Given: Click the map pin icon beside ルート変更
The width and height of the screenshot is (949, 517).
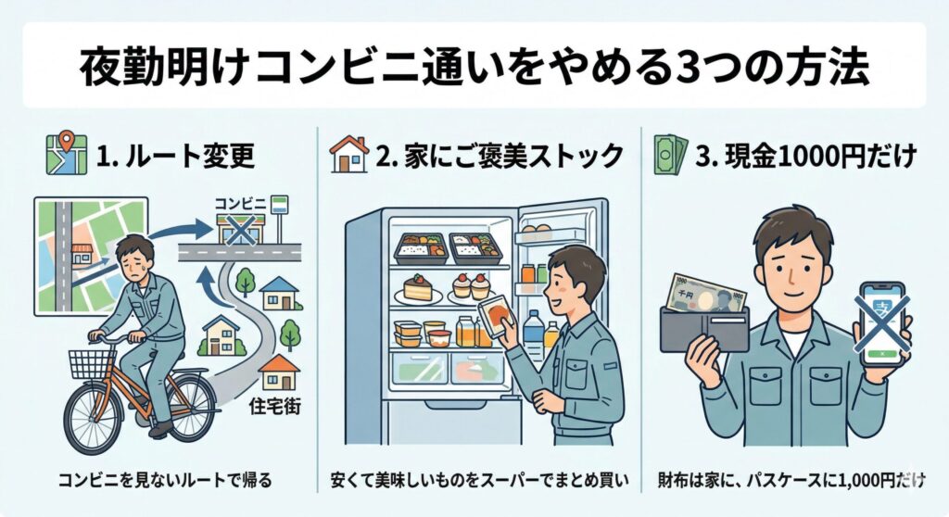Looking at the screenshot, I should coord(66,155).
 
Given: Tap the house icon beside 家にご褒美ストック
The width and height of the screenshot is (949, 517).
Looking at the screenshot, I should coord(349,155).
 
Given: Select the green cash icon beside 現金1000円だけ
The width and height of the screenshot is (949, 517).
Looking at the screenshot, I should coord(672,154).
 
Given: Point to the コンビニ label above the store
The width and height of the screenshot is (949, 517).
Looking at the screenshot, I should coord(239,200).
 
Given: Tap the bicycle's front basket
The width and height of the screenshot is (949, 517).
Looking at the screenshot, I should coord(92,361).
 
